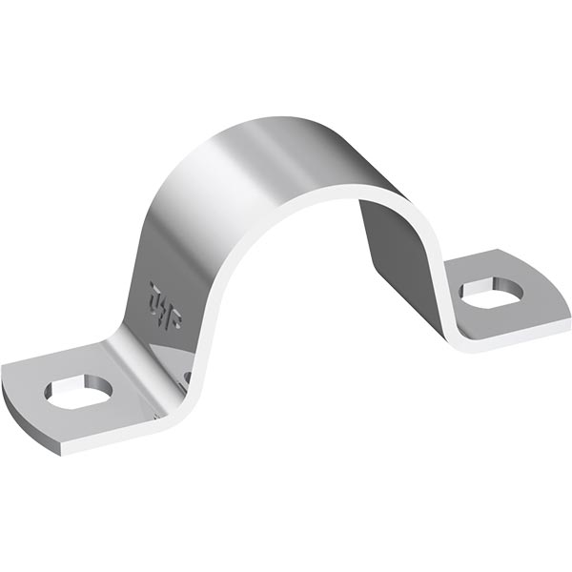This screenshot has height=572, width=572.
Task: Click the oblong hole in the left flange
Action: point(79,390)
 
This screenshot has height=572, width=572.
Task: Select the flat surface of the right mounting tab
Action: point(534,286)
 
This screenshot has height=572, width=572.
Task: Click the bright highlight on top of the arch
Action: point(257,143)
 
